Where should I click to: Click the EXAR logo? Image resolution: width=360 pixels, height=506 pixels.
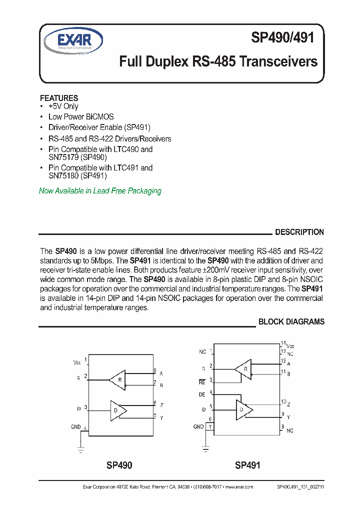[x=73, y=40]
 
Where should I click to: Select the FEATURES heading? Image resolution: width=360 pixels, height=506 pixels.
[x=59, y=98]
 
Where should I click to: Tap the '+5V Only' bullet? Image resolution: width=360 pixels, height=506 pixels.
[x=63, y=106]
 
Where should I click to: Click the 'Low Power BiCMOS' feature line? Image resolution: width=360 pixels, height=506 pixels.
[x=80, y=116]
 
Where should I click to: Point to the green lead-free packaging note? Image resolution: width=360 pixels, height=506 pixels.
[x=100, y=190]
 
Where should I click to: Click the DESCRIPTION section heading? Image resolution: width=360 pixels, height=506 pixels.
[x=299, y=232]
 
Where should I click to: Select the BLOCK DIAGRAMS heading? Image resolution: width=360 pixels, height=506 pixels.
[x=291, y=321]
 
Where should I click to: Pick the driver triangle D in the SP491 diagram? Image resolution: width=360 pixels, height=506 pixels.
[x=243, y=409]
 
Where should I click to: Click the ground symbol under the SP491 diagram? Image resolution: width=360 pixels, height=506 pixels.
[x=205, y=448]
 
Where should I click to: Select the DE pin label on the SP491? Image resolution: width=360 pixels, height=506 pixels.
[x=202, y=394]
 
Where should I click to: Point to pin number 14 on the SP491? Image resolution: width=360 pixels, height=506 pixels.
[x=283, y=343]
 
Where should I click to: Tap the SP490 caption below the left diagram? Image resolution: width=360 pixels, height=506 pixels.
[x=119, y=465]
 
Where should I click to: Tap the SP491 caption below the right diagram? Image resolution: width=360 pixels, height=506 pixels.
[x=247, y=465]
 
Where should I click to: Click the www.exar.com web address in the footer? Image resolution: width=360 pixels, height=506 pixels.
[x=239, y=486]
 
